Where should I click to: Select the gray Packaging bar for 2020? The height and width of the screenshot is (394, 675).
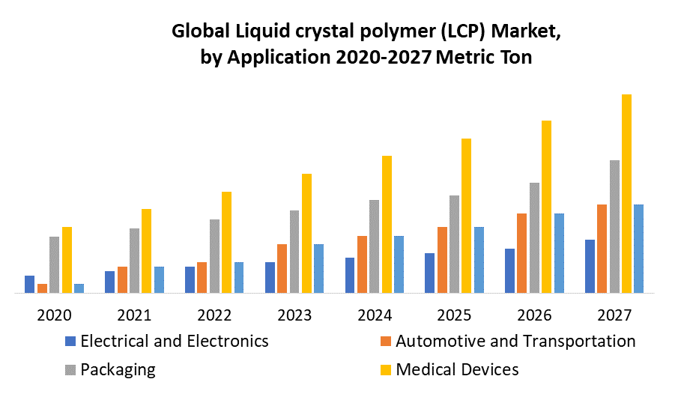54,264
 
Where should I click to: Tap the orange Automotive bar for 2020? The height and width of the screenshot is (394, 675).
42,288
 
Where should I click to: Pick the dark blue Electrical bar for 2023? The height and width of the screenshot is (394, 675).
270,277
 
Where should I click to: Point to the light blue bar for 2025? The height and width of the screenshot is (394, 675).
479,259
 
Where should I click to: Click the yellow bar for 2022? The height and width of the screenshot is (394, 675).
226,242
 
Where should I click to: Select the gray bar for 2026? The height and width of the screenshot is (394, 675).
555,237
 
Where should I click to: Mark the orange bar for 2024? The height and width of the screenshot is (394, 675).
362,264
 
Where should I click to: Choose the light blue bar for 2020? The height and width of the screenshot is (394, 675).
79,288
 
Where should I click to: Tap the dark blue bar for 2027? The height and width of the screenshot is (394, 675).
590,266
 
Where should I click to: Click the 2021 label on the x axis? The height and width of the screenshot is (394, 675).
134,315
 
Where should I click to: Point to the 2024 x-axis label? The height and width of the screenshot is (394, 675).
374,315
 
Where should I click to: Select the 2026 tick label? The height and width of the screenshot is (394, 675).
534,315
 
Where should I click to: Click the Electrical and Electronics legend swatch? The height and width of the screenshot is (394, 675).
71,342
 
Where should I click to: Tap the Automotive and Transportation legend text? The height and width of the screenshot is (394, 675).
515,342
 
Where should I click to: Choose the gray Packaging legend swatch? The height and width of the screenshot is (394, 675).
71,369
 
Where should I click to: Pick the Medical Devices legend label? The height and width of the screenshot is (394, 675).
457,369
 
